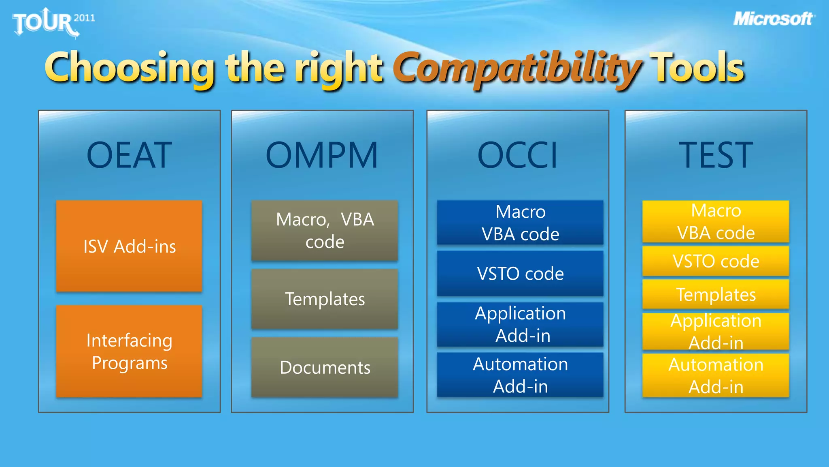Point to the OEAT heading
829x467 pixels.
130,155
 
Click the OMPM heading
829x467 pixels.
322,155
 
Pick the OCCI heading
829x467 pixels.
518,155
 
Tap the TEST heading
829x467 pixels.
716,155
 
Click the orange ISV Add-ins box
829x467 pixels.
129,246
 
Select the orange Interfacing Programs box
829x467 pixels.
129,351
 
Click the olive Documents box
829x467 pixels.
325,367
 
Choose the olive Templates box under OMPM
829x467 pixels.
325,299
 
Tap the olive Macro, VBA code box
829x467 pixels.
325,230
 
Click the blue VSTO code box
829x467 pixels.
520,273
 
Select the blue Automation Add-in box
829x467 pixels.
520,375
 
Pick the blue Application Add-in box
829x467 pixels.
520,324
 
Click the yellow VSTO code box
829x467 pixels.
716,261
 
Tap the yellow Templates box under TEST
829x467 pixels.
716,294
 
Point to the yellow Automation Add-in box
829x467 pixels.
716,375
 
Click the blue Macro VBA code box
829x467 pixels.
520,223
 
